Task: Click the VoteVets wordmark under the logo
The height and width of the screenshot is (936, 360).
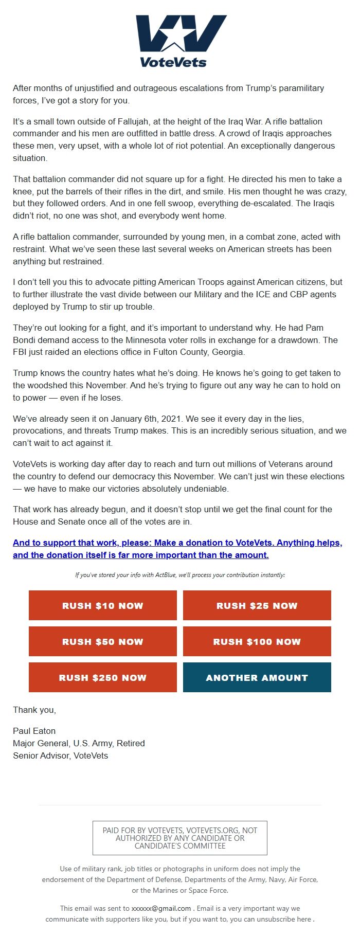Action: [173, 63]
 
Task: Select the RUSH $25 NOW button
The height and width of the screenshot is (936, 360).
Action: [257, 605]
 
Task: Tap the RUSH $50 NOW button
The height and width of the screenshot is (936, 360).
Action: [103, 641]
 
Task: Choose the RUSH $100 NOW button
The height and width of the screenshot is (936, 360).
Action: [257, 641]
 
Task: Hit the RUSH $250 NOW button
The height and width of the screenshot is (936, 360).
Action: [103, 677]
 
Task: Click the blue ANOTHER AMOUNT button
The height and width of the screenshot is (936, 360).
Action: [257, 677]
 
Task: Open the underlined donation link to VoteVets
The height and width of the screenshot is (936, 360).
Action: [177, 549]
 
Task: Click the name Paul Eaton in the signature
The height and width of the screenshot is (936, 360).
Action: [34, 731]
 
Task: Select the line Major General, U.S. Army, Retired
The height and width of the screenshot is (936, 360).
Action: [79, 743]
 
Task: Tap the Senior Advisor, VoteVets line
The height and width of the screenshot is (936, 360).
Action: [60, 755]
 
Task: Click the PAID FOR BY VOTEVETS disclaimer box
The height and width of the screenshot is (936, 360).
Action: [179, 838]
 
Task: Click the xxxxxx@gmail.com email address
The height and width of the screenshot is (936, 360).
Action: [161, 908]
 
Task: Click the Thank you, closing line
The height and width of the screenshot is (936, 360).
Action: [34, 710]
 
